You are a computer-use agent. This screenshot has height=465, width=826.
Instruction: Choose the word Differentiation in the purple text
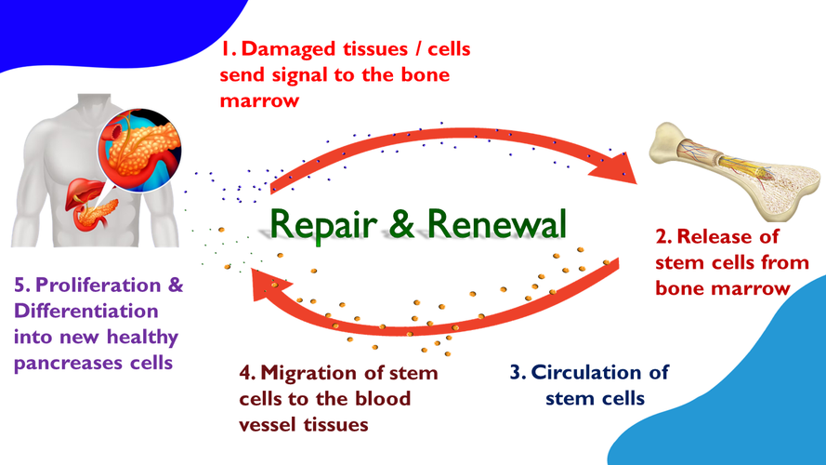point(85,310)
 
